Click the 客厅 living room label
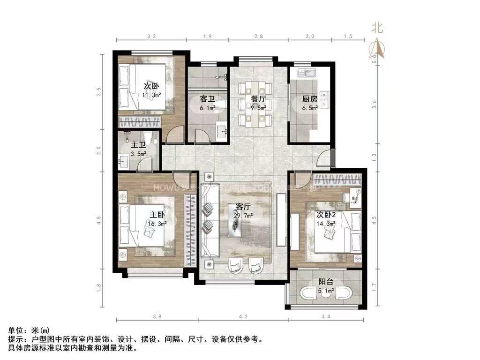click(243, 207)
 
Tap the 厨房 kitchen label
click(310, 99)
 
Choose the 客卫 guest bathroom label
click(207, 99)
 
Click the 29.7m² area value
click(244, 216)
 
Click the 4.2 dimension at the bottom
click(243, 317)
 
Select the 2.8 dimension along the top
click(258, 36)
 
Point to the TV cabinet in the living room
click(281, 220)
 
